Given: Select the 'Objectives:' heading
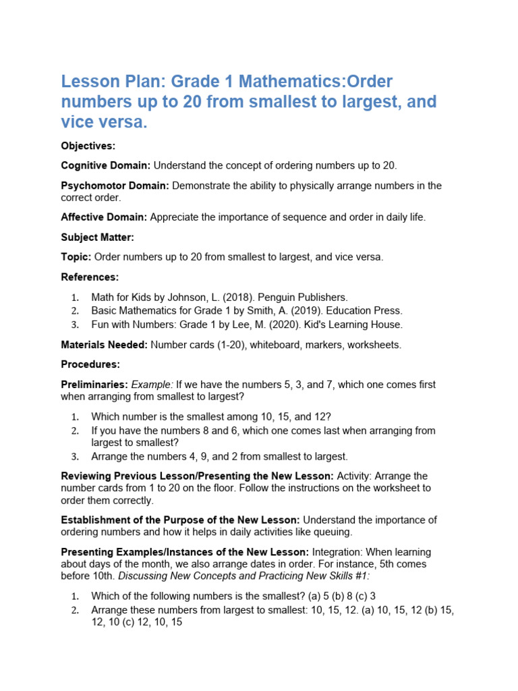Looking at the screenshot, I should click(x=88, y=146).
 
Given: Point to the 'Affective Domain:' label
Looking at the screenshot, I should click(x=104, y=217).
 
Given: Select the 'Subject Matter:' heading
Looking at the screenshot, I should click(x=98, y=238).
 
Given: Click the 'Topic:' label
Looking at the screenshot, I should click(x=76, y=257).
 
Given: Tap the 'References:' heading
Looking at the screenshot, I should click(x=90, y=277).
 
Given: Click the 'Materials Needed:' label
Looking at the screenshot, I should click(x=104, y=345).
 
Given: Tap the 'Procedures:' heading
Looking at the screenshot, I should click(x=90, y=364).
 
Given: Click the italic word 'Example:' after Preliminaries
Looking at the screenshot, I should click(x=150, y=385).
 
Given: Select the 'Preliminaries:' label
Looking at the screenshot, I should click(x=94, y=385).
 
